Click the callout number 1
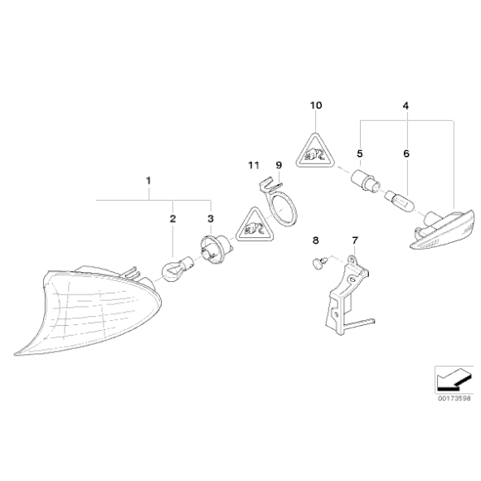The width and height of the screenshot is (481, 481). [148, 181]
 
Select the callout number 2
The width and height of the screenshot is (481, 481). [173, 219]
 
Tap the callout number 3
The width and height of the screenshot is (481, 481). [211, 219]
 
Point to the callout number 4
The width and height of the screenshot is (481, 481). [406, 106]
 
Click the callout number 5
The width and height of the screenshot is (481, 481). [360, 153]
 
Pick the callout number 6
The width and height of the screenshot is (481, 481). [406, 153]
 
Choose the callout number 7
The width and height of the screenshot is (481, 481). [355, 240]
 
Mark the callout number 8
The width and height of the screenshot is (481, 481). [316, 240]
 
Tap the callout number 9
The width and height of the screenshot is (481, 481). [279, 165]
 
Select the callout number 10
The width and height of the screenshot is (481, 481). [316, 105]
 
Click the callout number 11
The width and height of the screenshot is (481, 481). [254, 165]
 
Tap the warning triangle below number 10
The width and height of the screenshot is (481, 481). [315, 152]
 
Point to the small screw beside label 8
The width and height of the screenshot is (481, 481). [320, 263]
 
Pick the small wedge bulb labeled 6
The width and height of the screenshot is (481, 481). [399, 201]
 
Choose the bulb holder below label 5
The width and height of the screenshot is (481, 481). [366, 181]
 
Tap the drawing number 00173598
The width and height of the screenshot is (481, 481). [454, 398]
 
